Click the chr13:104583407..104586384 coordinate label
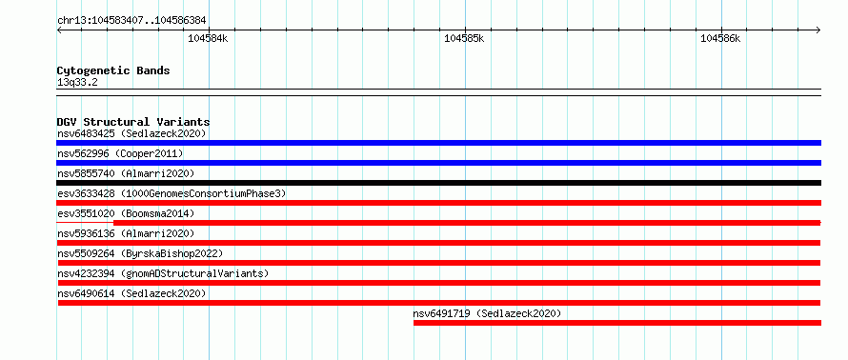[x=131, y=21]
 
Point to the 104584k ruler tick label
[x=208, y=38]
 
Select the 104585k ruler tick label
[x=464, y=38]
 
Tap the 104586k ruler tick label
[x=720, y=38]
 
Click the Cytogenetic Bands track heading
[x=113, y=70]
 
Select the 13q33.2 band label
[x=77, y=83]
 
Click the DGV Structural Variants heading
[x=133, y=122]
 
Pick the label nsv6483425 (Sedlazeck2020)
[x=131, y=133]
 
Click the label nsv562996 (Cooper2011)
[x=120, y=153]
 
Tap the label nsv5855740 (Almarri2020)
[x=126, y=173]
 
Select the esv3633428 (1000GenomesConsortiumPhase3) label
[x=172, y=193]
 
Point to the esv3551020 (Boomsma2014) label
[x=126, y=213]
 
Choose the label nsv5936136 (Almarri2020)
[x=126, y=233]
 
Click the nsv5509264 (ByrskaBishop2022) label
[x=140, y=253]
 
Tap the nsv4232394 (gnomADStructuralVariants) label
[x=163, y=273]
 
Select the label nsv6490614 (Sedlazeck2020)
[x=131, y=293]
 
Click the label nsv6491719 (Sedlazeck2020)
[x=487, y=313]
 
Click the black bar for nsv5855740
[x=438, y=183]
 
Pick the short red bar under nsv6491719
[x=617, y=323]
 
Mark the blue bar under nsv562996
[x=438, y=163]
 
